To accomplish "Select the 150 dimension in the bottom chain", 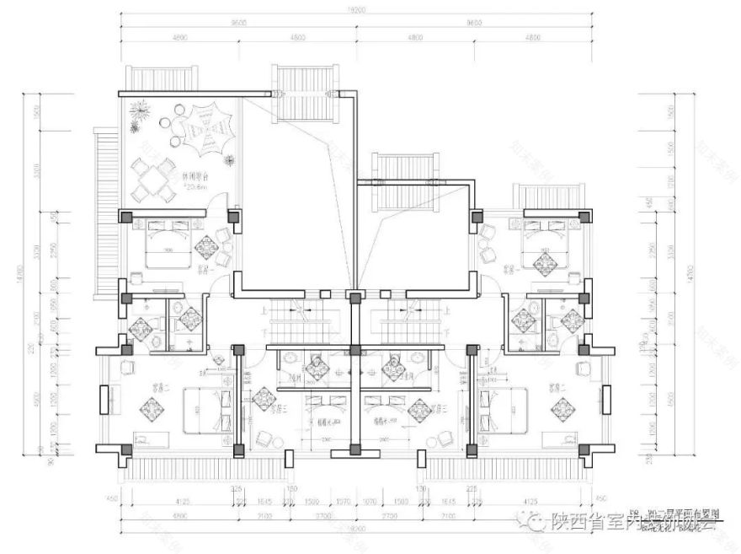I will click(x=291, y=488).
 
